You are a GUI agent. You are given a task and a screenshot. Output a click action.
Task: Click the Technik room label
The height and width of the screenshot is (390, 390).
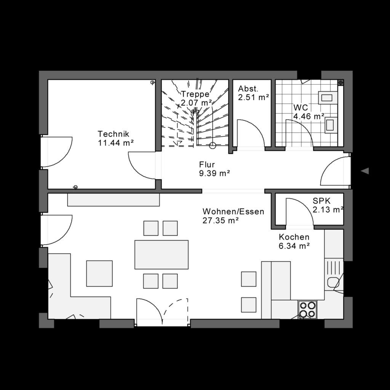coord(113,134)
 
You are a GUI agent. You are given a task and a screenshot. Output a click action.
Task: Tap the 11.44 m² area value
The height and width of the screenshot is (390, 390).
coord(116,143)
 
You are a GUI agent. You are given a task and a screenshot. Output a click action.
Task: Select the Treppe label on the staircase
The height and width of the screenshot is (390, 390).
coord(195,94)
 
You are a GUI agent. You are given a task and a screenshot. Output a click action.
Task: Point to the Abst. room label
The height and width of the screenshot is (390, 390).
coord(248,89)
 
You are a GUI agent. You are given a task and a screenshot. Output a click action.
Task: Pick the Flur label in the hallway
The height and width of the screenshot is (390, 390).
coord(207,165)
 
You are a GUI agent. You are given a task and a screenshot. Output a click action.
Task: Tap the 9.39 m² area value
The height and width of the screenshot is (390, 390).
coord(214,174)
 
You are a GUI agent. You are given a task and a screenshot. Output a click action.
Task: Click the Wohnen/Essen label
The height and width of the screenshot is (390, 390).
coord(233,211)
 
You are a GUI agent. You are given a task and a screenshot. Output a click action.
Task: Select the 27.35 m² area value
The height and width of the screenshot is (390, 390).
coord(221,220)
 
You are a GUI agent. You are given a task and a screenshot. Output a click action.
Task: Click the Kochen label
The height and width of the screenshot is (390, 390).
coord(294,237)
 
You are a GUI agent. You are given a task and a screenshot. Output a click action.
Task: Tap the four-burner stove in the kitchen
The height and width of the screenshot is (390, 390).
coord(307,309)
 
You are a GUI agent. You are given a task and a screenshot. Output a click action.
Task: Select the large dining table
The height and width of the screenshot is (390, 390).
coord(161,254)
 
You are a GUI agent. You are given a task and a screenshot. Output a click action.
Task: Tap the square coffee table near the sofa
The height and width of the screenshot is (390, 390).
coord(99,273)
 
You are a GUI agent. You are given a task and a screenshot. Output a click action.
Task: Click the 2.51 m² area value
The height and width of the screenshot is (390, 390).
coord(254,97)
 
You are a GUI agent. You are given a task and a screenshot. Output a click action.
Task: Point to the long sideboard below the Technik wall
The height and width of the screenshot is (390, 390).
coord(113,200)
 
